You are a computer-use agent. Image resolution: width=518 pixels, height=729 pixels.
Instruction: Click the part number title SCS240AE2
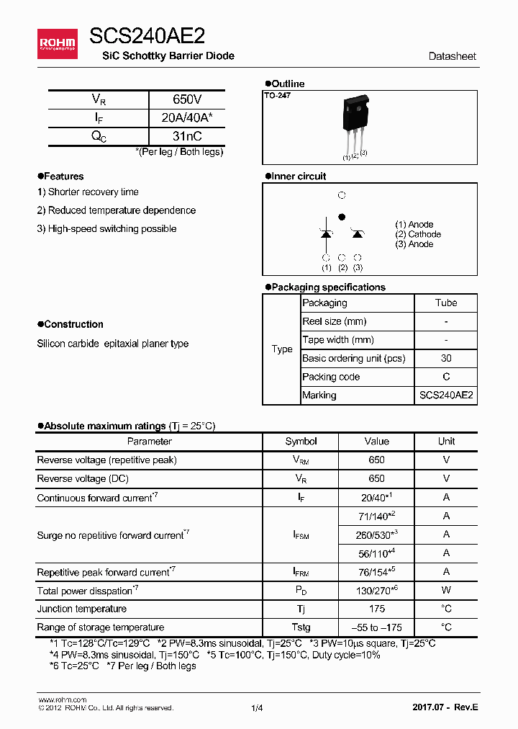147,37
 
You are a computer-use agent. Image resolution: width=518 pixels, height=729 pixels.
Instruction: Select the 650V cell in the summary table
187,99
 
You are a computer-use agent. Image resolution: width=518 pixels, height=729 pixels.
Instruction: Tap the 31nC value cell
187,136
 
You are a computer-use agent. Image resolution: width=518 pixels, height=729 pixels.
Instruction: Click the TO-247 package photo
355,123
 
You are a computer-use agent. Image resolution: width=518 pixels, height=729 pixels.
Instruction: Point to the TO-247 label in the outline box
277,96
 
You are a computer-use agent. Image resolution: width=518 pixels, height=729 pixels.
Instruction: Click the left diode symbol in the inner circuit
326,233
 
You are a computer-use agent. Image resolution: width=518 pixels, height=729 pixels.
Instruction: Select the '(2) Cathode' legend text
417,234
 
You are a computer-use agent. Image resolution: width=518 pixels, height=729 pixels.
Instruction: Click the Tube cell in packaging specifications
446,303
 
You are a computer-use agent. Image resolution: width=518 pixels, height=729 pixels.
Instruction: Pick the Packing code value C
446,377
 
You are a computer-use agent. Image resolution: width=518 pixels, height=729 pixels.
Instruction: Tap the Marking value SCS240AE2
446,395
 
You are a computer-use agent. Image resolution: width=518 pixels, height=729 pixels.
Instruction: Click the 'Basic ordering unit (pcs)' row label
353,358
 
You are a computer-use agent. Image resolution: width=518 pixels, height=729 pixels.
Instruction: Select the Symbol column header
301,441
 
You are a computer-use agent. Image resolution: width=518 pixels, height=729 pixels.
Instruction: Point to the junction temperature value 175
376,609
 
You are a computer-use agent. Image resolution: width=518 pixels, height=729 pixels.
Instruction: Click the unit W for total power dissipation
446,590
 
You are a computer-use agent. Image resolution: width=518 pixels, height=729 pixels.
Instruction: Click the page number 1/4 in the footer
258,708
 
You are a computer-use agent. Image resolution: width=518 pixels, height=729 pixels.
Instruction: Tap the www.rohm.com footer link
62,699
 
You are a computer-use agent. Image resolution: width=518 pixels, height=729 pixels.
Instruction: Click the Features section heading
63,176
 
